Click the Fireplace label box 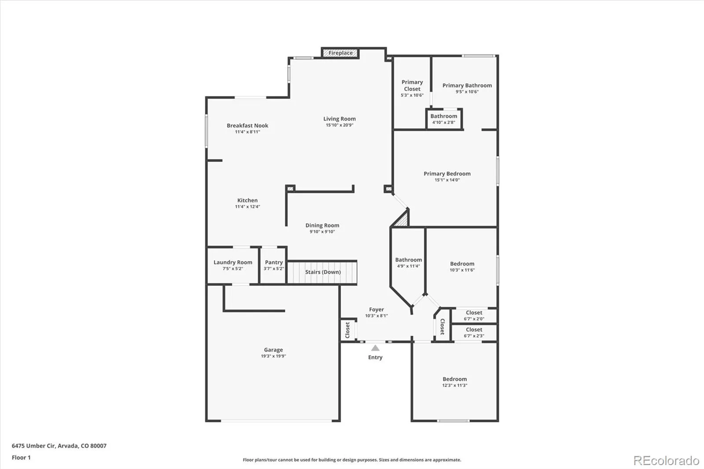340,53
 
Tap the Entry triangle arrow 375,348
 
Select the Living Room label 339,119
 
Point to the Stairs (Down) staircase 322,272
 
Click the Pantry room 274,265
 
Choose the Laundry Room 233,265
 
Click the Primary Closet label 412,85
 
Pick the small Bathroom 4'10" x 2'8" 444,119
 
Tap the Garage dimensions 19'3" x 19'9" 273,356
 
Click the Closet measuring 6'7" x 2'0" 474,315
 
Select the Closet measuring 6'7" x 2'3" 474,332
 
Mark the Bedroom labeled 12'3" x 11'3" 455,382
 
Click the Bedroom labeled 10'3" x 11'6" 462,267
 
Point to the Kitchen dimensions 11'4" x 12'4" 247,207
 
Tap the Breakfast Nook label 247,126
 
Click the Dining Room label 322,226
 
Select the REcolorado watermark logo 666,461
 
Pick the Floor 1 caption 21,458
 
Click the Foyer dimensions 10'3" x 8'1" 376,316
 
